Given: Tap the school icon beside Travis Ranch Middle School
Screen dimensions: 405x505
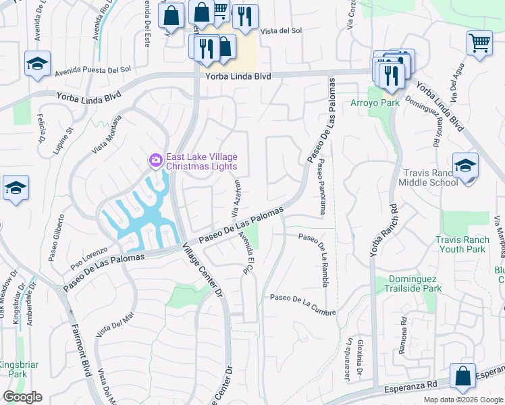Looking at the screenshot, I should (465, 165).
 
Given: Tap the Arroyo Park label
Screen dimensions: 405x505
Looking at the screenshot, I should (375, 103).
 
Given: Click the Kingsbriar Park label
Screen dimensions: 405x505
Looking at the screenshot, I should (14, 369).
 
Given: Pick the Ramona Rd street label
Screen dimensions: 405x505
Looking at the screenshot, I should (403, 331).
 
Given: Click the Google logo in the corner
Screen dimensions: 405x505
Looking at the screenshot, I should (22, 397).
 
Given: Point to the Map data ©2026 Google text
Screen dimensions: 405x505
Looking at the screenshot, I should (462, 400).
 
